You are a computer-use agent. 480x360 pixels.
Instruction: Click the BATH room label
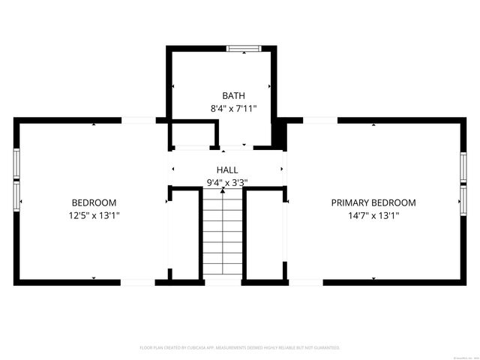233,95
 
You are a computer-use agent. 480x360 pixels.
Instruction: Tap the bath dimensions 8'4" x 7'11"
233,109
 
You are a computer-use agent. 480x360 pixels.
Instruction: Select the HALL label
227,170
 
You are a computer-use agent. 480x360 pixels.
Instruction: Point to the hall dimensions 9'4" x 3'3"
227,182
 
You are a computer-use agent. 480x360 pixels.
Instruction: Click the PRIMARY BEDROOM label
373,202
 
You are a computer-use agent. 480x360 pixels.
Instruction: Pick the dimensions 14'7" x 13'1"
373,215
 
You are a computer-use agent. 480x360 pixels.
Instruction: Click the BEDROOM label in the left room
94,202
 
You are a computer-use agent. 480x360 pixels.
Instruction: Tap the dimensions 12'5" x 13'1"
94,215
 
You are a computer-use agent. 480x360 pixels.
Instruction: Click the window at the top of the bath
243,50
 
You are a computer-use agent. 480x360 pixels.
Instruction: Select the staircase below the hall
223,236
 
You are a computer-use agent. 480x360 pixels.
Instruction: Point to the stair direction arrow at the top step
223,192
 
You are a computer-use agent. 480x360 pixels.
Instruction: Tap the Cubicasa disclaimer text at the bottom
240,348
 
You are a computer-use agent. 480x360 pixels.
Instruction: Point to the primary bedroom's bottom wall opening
305,282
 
